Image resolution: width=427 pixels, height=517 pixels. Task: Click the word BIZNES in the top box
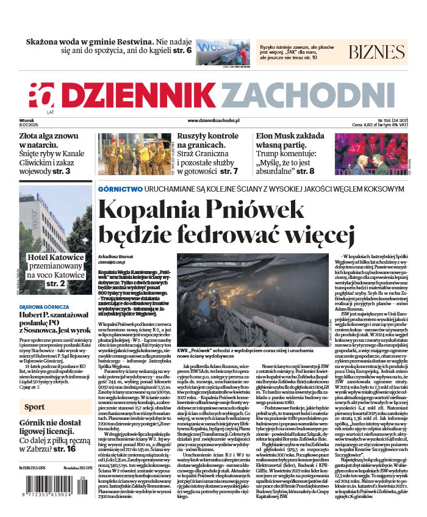click(376, 51)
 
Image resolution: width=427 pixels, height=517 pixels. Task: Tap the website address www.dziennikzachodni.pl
click(213, 121)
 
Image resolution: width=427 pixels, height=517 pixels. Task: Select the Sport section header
click(35, 407)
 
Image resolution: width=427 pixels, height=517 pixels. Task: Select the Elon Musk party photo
click(379, 154)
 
